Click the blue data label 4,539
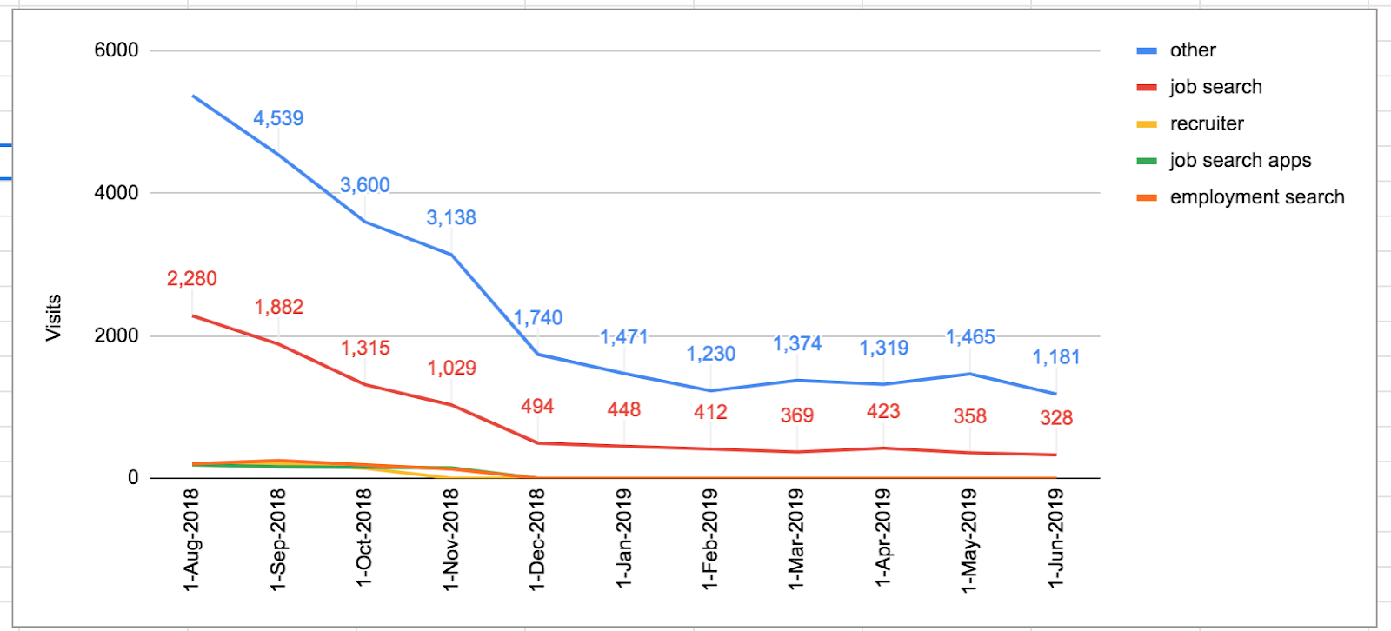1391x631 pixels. pos(278,118)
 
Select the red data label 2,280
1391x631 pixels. pos(191,279)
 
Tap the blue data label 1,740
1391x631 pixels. pos(538,318)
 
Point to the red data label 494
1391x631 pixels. pos(537,407)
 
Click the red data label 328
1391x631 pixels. pos(1055,418)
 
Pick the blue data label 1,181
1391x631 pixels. pos(1055,357)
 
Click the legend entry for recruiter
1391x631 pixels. pos(1206,123)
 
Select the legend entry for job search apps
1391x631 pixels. pos(1240,161)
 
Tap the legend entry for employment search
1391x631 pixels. pos(1256,197)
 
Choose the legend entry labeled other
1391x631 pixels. pos(1192,50)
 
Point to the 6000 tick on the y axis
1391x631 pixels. pos(116,50)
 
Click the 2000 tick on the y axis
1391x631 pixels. pos(116,335)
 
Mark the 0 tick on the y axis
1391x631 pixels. pos(133,477)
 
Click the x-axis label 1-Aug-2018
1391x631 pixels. pos(191,539)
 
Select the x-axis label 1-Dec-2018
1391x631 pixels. pos(537,539)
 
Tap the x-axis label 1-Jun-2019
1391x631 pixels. pos(1055,539)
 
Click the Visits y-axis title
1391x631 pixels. pos(54,317)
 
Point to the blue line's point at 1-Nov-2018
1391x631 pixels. pos(451,255)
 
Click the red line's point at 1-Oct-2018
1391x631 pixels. pos(365,384)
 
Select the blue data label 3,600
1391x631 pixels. pos(364,185)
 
